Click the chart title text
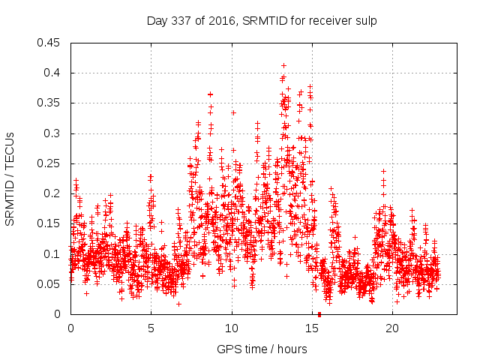click(x=261, y=21)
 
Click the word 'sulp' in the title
click(x=366, y=21)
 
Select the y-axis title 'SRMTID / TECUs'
click(x=10, y=178)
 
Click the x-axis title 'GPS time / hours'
click(x=261, y=349)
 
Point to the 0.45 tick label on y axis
click(x=50, y=43)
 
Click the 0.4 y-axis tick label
click(x=53, y=73)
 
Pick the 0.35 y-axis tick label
click(x=50, y=103)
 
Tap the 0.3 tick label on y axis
click(x=53, y=133)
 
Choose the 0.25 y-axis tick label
click(x=50, y=163)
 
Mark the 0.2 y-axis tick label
click(x=53, y=193)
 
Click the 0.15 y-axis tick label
click(x=50, y=224)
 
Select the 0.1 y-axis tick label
click(x=53, y=254)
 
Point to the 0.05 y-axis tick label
click(x=50, y=284)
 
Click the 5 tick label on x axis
click(x=151, y=328)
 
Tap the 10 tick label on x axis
click(x=232, y=328)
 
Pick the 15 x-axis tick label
click(x=312, y=328)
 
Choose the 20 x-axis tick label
click(x=392, y=328)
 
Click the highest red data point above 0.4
click(x=283, y=65)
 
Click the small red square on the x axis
click(x=319, y=314)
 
